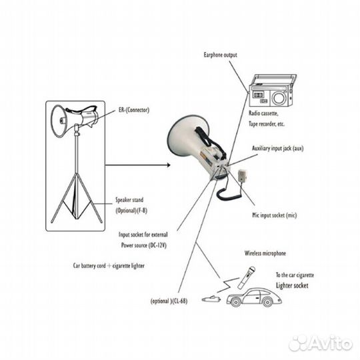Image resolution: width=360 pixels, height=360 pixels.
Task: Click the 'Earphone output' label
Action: point(220,55)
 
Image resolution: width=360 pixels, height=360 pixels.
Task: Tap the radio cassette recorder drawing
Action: point(273,90)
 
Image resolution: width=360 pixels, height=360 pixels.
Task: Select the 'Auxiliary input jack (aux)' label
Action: point(277,149)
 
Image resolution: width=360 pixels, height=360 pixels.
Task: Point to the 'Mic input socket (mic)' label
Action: point(275,215)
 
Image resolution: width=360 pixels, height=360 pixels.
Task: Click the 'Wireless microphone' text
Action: point(265,253)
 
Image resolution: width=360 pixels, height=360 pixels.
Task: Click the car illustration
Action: point(254,297)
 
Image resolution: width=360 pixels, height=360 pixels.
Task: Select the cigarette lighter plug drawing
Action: point(211,299)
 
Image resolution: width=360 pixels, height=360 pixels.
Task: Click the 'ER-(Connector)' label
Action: point(134,110)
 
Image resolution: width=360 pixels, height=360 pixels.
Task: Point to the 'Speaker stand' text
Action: point(129,200)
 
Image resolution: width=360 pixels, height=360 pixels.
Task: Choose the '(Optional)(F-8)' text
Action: point(131,211)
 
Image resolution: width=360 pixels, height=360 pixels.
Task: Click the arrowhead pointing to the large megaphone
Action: point(168,165)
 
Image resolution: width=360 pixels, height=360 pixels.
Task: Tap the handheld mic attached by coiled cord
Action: point(243,175)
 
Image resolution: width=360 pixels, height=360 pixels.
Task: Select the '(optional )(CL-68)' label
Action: point(169,301)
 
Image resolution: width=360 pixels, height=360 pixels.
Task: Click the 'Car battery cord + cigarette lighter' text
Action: point(109,266)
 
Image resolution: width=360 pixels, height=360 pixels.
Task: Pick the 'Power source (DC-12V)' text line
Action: point(144,245)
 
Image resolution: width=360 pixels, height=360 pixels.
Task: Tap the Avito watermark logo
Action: point(321,343)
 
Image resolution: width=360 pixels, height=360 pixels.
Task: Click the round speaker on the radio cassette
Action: point(279,98)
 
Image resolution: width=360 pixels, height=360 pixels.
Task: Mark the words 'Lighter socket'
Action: point(292,285)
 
